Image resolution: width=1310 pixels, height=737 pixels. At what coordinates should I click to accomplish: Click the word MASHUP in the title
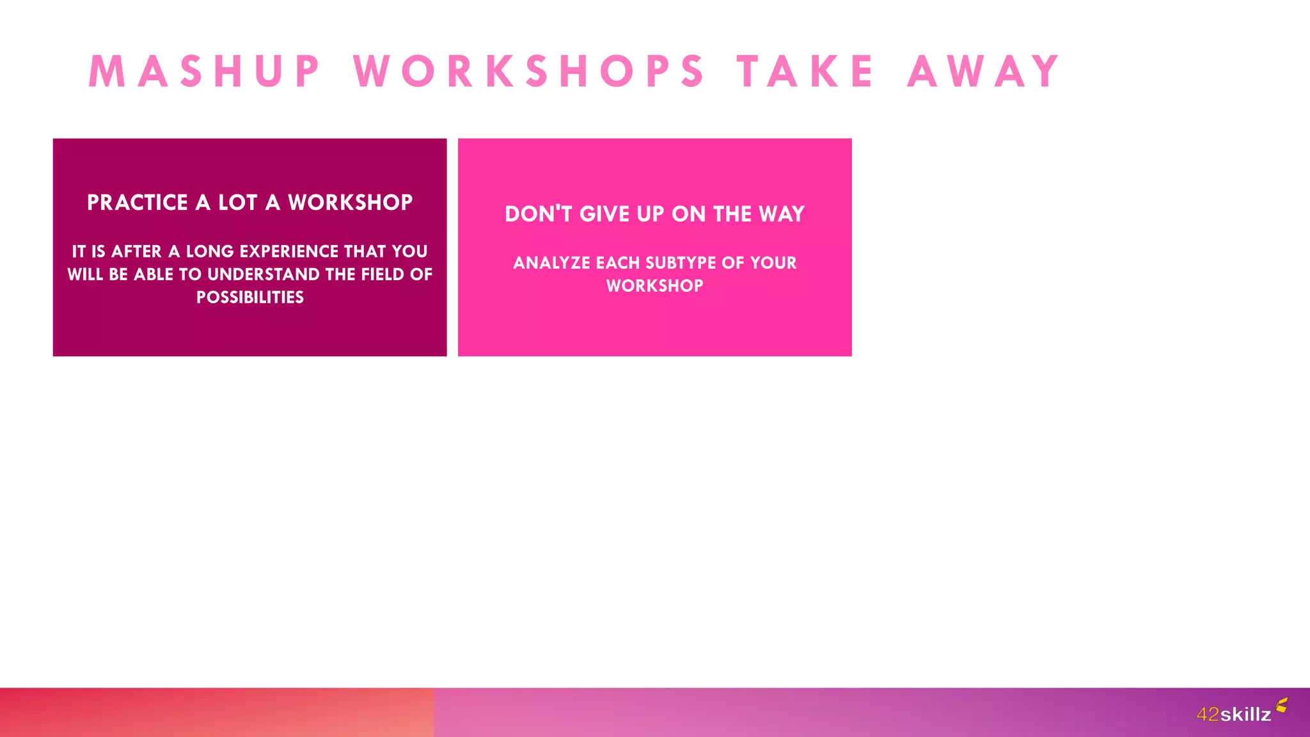coord(205,71)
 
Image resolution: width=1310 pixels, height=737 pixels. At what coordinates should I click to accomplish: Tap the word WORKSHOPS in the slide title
coord(529,71)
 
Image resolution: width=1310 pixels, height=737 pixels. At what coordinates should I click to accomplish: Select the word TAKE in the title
coord(805,71)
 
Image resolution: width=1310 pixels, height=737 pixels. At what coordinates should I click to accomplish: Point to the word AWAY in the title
coord(984,71)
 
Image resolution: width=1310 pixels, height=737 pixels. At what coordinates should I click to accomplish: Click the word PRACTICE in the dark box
coord(138,203)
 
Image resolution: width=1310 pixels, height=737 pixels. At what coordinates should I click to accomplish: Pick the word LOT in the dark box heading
coord(237,203)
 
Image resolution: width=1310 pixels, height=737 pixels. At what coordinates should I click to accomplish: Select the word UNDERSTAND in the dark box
coord(264,274)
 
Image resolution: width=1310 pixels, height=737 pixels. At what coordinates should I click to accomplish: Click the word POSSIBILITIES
coord(250,297)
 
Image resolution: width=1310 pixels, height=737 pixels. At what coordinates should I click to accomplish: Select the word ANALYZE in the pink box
coord(551,263)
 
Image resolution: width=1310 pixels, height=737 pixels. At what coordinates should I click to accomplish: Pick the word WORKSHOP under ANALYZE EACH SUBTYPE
coord(655,286)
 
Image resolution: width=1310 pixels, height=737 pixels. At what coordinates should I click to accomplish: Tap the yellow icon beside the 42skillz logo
coord(1282,705)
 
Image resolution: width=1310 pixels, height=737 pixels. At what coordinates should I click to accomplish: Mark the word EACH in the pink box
coord(618,263)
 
